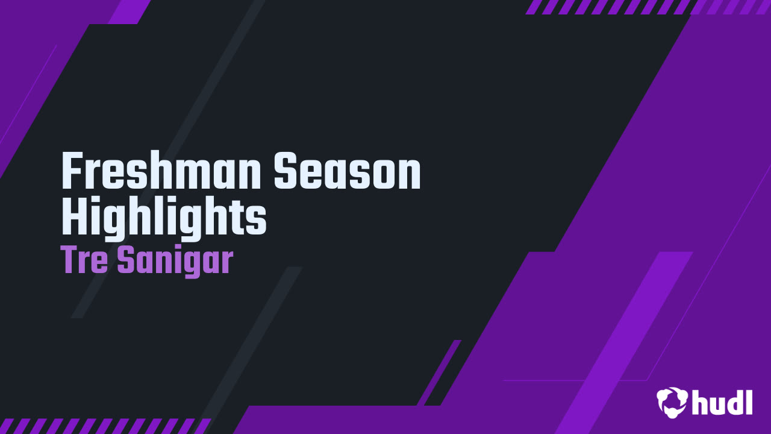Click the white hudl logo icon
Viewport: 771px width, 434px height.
[x=672, y=401]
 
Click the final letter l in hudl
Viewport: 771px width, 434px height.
[x=749, y=402]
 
